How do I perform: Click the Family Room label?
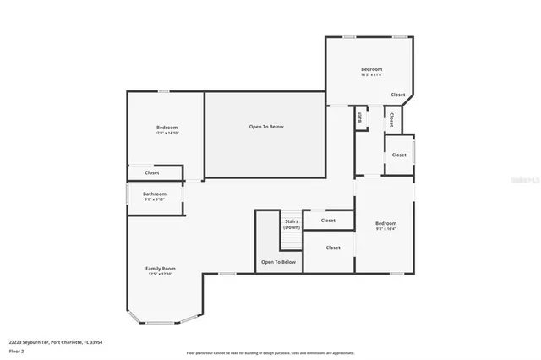(160, 268)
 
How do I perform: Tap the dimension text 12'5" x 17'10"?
(160, 274)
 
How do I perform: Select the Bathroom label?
(155, 194)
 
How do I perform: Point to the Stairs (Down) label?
(292, 224)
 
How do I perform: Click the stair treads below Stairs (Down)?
(292, 241)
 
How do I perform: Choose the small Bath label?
(360, 118)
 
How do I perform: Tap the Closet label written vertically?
(392, 120)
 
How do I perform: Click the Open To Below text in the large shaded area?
(266, 127)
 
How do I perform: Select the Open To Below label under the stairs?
(278, 262)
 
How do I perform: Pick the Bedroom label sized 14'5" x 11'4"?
(372, 69)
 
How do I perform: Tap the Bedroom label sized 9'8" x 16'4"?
(385, 223)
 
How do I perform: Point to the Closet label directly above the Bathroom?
(139, 172)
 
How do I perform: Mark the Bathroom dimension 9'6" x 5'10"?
(155, 199)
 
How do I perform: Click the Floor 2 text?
(16, 350)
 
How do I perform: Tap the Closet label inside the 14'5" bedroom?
(397, 95)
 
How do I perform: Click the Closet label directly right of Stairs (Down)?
(328, 221)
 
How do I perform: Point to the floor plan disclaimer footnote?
(270, 353)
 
